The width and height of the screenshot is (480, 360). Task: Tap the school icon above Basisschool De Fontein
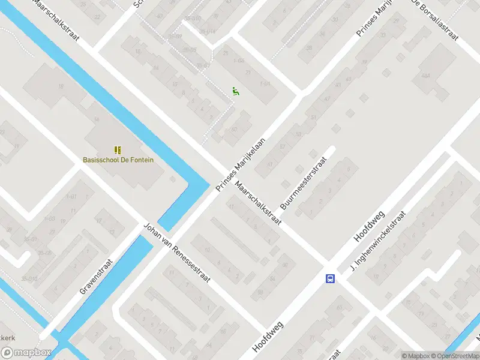pyautogui.click(x=118, y=149)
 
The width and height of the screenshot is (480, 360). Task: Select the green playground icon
pyautogui.click(x=236, y=91)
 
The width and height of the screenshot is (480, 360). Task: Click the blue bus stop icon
pyautogui.click(x=330, y=278)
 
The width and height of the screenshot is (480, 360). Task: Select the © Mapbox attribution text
pyautogui.click(x=414, y=356)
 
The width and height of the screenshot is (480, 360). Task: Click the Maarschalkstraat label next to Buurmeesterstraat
pyautogui.click(x=258, y=203)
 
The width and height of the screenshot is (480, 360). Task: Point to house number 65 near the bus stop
pyautogui.click(x=341, y=308)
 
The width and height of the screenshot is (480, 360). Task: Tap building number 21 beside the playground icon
pyautogui.click(x=248, y=72)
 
